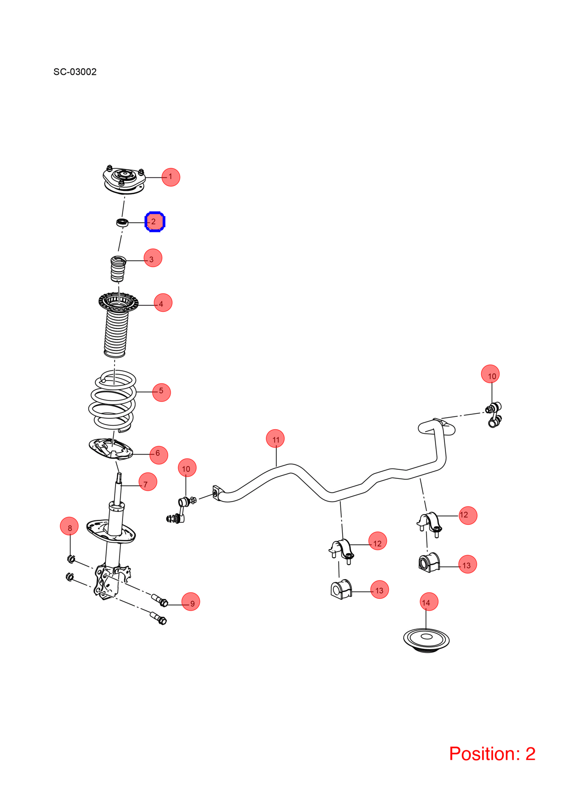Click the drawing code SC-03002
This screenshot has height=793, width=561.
[x=75, y=72]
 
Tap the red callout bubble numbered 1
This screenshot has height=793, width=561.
[x=171, y=177]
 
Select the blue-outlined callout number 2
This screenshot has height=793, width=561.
[x=155, y=222]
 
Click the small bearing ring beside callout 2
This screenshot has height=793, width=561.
[x=122, y=223]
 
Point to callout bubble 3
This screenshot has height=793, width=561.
[x=153, y=258]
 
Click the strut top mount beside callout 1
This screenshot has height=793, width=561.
[x=124, y=180]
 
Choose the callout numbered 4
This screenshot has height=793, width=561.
[x=163, y=303]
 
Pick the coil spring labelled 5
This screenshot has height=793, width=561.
[x=112, y=401]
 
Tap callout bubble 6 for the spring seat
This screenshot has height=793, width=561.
[x=159, y=455]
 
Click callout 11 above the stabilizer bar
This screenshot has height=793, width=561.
[x=275, y=439]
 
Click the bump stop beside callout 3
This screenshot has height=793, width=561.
[x=118, y=268]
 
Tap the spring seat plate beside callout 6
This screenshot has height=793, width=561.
[x=111, y=449]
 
